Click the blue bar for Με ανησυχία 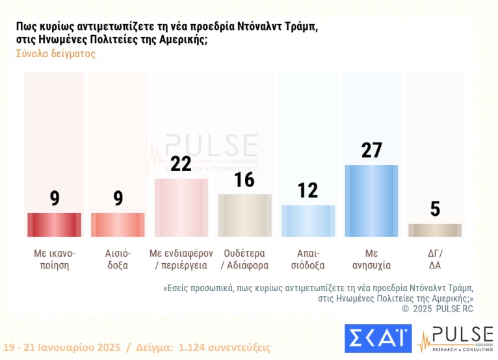tap(371, 201)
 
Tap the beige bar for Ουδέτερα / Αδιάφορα tap(244, 215)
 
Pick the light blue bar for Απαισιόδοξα tap(308, 221)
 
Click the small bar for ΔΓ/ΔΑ tap(434, 230)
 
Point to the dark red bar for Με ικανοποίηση tap(55, 225)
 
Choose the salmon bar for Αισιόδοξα tap(118, 225)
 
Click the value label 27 tap(371, 151)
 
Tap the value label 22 tap(181, 164)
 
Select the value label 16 tap(244, 179)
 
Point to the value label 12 tap(308, 190)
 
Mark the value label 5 tap(434, 209)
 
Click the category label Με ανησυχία tap(371, 259)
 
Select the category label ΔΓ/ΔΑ tap(434, 259)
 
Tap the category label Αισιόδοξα tap(118, 259)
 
